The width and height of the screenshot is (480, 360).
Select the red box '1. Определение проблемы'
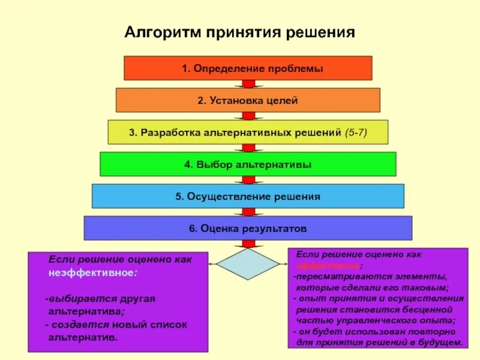pos(248,68)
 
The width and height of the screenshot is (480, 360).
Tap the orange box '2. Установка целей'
pos(248,100)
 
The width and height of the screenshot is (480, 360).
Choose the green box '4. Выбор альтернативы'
pos(248,164)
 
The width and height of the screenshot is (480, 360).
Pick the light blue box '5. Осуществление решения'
pos(248,196)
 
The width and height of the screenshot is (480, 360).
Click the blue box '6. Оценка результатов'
pos(248,229)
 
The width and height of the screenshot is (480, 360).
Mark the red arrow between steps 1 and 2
pos(248,84)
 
